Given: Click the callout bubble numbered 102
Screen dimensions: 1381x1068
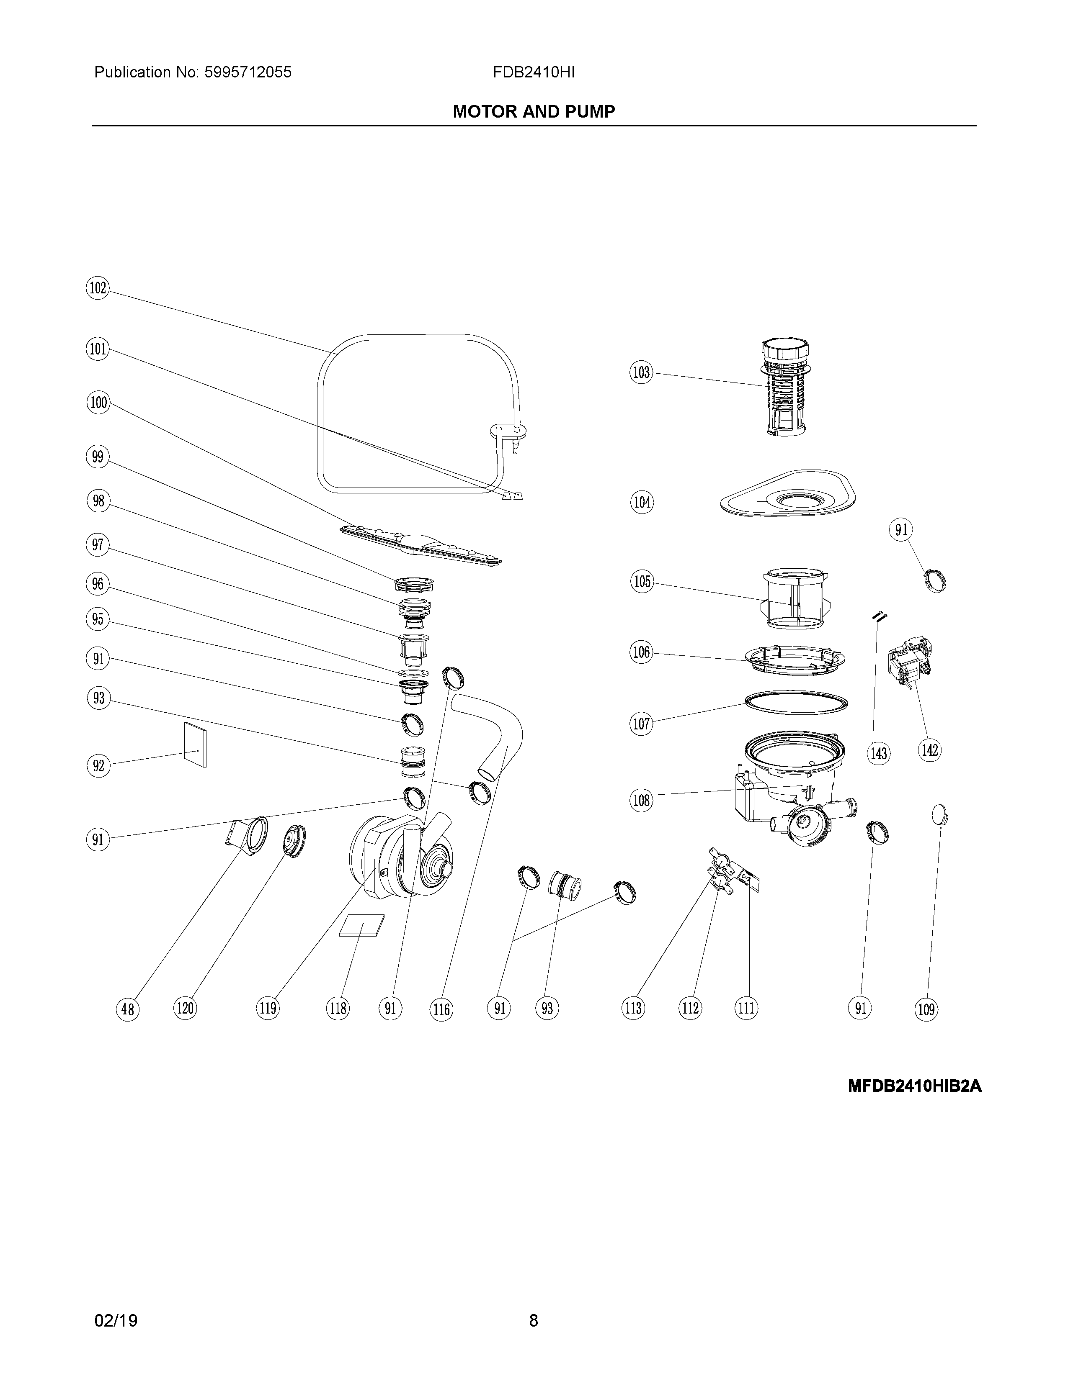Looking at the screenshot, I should pyautogui.click(x=98, y=288).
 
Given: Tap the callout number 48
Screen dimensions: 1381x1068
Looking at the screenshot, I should pyautogui.click(x=128, y=1009).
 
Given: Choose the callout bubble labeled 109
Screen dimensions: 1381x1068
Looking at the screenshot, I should pyautogui.click(x=926, y=1009).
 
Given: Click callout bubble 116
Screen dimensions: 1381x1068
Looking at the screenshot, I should pyautogui.click(x=441, y=1009).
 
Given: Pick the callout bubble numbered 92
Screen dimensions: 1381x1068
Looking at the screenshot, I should pyautogui.click(x=98, y=766).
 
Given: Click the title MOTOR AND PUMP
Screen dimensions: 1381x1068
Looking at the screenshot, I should pyautogui.click(x=533, y=112).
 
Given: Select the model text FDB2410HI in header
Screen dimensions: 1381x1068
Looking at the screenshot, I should pyautogui.click(x=533, y=73).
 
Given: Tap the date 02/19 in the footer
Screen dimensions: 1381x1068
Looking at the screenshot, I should pyautogui.click(x=116, y=1316).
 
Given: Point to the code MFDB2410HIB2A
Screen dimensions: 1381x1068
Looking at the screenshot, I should pyautogui.click(x=914, y=1086).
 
